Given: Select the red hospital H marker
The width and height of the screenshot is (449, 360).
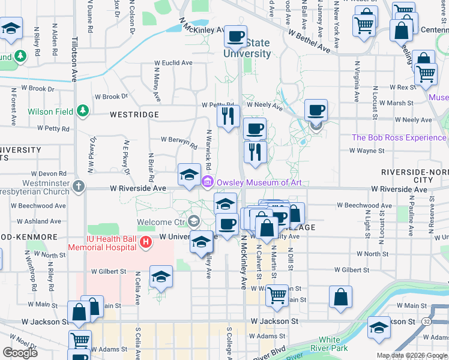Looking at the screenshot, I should [144, 242].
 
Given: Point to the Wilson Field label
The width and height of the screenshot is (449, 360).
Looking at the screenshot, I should [50, 112].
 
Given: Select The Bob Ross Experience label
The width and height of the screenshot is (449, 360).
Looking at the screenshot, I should [399, 137].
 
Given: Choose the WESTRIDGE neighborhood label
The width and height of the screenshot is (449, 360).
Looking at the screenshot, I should [134, 114].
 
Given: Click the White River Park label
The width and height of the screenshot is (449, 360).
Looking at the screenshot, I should [333, 344].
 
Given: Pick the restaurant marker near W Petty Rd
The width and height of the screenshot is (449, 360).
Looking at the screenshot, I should [228, 115].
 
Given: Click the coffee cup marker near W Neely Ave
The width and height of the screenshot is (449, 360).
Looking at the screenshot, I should [316, 110].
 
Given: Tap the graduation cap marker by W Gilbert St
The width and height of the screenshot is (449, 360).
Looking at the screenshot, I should [160, 277].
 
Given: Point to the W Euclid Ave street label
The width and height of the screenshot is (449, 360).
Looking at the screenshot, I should [173, 62].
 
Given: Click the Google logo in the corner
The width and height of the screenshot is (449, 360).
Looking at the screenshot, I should [20, 353].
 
